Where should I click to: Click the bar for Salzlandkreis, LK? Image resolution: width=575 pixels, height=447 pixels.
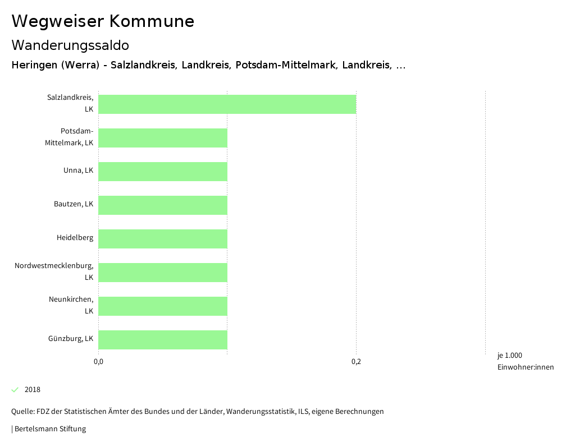point(227,104)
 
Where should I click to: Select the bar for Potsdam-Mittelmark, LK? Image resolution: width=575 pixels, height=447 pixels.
point(163,138)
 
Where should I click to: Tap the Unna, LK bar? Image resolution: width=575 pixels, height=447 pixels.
point(163,172)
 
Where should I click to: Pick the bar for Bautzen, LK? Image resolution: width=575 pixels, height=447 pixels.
point(163,205)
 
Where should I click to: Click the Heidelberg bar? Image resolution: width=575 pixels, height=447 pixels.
point(163,239)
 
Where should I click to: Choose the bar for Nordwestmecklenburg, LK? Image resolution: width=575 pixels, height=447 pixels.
point(163,273)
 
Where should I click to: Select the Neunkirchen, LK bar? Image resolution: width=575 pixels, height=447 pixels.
point(163,306)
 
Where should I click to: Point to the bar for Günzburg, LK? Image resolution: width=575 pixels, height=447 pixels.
point(163,340)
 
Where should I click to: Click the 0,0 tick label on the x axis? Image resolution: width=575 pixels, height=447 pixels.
point(98,362)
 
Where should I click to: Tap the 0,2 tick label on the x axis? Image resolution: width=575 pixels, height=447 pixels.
point(356,362)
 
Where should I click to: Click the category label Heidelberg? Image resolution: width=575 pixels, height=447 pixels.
point(75,238)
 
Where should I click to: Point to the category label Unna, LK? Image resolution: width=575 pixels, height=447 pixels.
point(78,170)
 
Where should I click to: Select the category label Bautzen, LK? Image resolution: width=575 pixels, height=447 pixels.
point(74,204)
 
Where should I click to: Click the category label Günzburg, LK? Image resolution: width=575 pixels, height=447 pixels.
point(71,339)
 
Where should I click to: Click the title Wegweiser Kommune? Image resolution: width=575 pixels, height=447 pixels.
point(103,21)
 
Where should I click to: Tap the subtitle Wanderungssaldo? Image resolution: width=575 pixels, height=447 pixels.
point(70,45)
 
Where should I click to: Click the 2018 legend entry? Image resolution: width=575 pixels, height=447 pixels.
point(32,390)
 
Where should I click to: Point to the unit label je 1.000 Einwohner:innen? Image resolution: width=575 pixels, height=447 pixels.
point(525,361)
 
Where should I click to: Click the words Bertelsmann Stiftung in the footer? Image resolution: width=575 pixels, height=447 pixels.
point(50,429)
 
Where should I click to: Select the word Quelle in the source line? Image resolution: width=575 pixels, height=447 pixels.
point(22,412)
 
